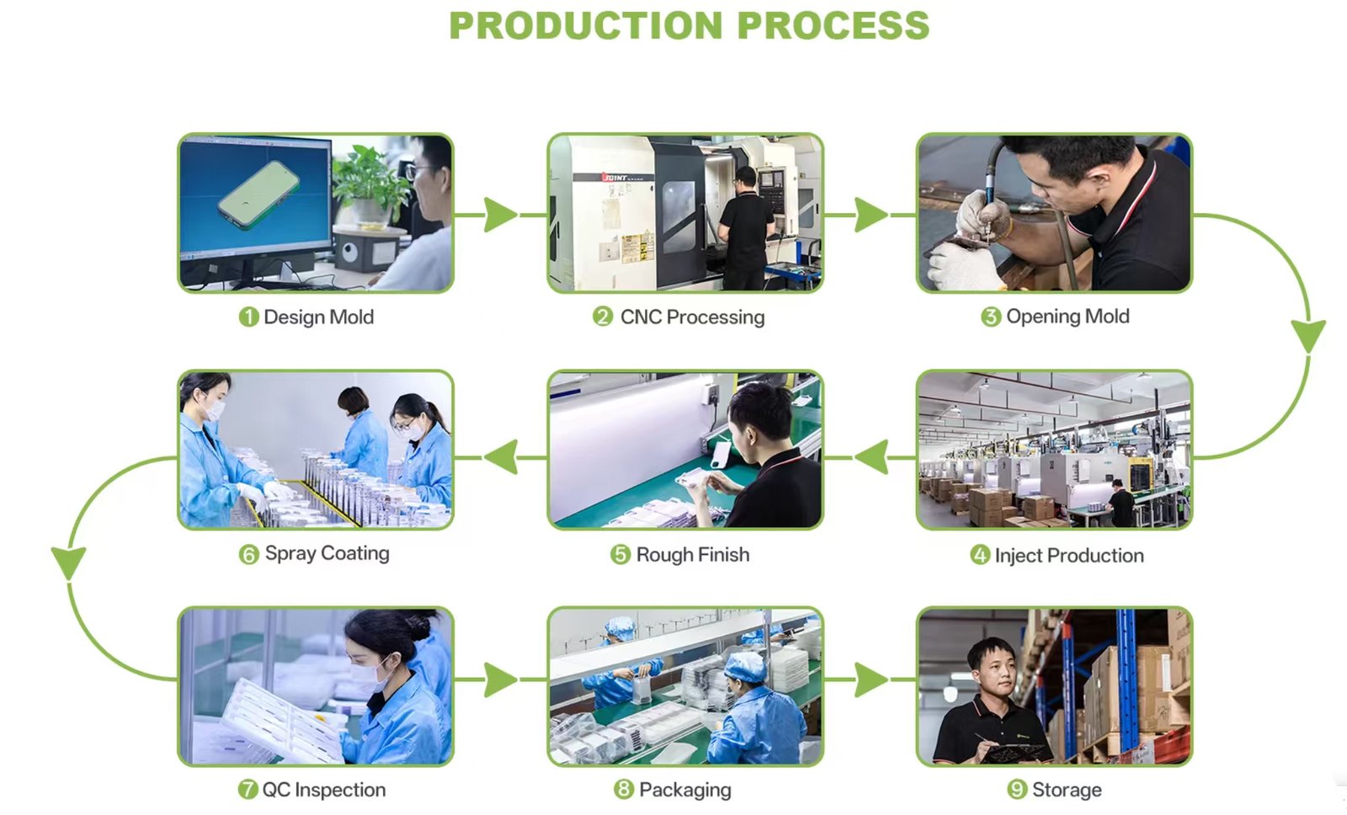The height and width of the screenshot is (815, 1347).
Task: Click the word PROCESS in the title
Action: click(833, 25)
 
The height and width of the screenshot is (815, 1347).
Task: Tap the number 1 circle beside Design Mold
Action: click(248, 317)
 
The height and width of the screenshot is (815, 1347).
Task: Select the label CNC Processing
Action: click(692, 317)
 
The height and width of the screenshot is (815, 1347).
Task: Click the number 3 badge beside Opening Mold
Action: click(990, 317)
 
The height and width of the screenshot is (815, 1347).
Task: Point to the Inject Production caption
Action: click(1068, 555)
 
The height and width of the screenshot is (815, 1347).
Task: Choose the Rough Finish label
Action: click(693, 555)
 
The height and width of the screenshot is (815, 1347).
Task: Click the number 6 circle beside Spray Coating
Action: click(248, 555)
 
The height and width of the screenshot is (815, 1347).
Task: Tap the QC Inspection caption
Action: click(324, 790)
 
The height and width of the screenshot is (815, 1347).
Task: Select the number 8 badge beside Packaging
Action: click(624, 790)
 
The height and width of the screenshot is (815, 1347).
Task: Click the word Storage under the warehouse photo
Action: click(1067, 790)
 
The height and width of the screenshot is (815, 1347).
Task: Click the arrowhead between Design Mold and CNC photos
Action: click(500, 215)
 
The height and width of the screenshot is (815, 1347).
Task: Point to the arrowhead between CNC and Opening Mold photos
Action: click(870, 215)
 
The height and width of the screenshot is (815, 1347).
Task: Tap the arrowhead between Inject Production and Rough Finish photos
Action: click(870, 457)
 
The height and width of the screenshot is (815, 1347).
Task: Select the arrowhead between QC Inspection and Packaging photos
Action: click(500, 679)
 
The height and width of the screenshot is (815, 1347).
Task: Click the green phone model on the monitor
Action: click(258, 194)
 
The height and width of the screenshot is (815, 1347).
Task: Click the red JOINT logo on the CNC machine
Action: click(615, 178)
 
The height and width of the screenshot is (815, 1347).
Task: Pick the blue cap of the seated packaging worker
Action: click(745, 667)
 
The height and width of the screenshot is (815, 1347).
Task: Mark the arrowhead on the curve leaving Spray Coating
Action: click(68, 563)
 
